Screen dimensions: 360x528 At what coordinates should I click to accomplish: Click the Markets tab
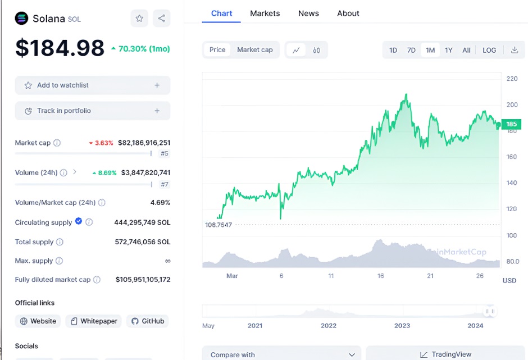[x=265, y=13]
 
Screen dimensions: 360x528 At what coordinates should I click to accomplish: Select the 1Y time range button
[x=449, y=50]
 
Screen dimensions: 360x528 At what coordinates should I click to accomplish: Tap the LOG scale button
[x=489, y=50]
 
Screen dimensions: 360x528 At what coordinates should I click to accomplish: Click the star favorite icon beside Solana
[x=139, y=19]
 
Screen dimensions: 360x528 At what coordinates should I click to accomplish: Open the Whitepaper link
[x=94, y=321]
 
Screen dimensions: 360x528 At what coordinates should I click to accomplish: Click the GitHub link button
[x=148, y=321]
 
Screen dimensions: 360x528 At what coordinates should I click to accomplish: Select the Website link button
[x=38, y=321]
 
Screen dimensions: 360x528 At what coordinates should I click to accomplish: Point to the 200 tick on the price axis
[x=512, y=104]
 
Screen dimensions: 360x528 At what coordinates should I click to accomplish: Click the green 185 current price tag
[x=511, y=124]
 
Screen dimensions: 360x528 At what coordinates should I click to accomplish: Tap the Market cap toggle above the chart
[x=254, y=50]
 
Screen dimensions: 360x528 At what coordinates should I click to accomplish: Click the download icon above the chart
[x=514, y=50]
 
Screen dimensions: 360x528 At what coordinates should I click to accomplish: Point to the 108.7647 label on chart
[x=219, y=225]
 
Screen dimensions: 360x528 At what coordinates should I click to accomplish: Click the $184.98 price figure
[x=60, y=48]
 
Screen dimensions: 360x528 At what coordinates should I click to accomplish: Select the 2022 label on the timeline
[x=329, y=326]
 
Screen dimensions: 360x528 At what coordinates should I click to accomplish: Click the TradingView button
[x=445, y=354]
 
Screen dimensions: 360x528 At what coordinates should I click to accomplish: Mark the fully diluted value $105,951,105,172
[x=143, y=280]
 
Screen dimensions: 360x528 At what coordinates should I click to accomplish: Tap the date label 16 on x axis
[x=381, y=276]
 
